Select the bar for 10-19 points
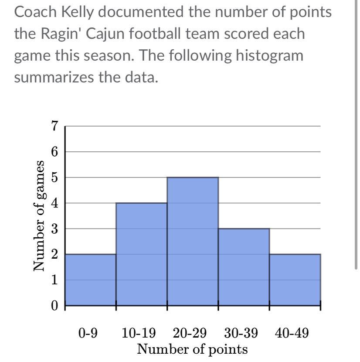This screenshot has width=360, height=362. point(141,254)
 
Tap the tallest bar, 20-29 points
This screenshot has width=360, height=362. point(193,241)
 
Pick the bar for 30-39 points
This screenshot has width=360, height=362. point(244,266)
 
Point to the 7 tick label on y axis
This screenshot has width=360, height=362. point(54,126)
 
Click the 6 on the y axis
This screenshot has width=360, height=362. point(54,152)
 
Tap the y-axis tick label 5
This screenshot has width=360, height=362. point(54,178)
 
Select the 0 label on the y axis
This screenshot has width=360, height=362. point(54,305)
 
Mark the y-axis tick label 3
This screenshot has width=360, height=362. point(54,229)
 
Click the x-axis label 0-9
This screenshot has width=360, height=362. point(88,334)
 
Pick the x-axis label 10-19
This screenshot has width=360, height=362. point(139,334)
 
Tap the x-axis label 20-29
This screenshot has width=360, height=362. point(190,334)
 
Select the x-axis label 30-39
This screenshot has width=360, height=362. point(241,334)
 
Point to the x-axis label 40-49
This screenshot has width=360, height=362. point(292,334)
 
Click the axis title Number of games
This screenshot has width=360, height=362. point(40,216)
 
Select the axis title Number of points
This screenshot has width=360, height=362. point(192,349)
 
